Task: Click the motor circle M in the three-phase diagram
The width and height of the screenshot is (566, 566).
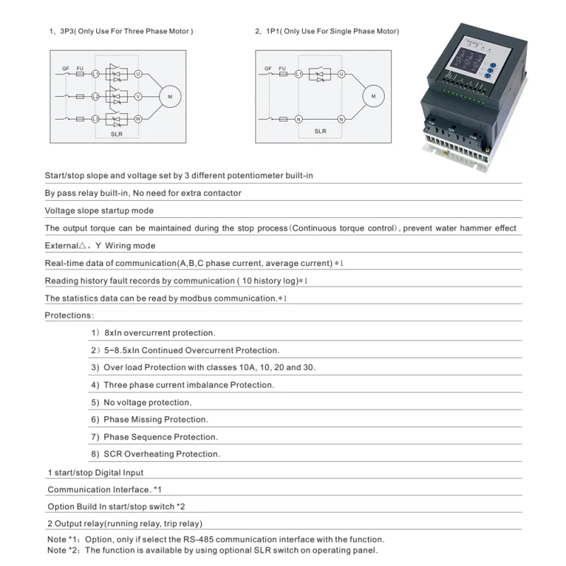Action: [170, 96]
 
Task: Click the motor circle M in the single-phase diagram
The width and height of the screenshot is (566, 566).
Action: [374, 96]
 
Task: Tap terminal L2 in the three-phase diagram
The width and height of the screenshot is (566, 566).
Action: [96, 96]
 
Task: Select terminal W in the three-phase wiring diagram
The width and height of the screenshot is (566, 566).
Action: [139, 118]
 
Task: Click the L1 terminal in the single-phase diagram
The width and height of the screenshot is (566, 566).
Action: [299, 74]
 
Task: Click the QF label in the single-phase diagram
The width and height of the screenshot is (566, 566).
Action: [267, 68]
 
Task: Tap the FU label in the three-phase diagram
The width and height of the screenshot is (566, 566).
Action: [80, 68]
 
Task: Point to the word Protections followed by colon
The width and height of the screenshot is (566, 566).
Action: [69, 315]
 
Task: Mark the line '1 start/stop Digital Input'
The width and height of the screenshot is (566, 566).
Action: [96, 472]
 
